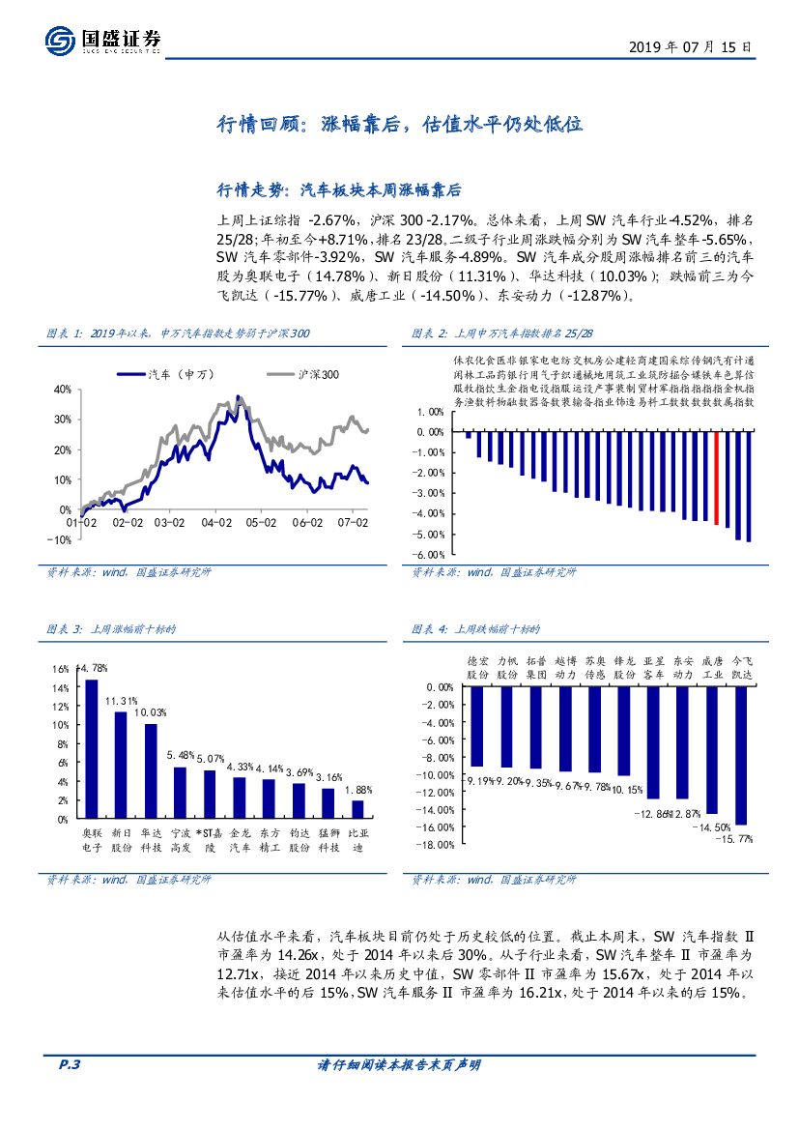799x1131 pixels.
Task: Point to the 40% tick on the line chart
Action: point(62,390)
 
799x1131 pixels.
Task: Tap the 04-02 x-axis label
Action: point(216,523)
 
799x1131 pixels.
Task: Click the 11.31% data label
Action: point(122,701)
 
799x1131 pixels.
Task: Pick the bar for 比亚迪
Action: point(357,809)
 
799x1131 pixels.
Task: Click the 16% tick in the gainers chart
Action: point(61,669)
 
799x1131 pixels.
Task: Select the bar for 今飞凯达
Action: point(741,755)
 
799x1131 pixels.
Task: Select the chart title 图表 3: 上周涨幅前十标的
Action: point(111,629)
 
